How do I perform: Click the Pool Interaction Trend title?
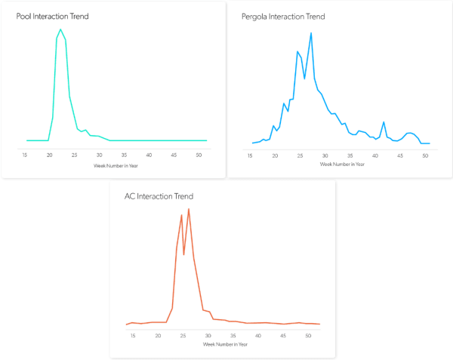(52, 16)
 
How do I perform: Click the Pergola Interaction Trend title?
(285, 16)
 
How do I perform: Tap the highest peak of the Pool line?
(60, 29)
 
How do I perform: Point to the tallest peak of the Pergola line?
(311, 32)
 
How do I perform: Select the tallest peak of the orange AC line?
(189, 209)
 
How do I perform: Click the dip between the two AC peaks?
(184, 254)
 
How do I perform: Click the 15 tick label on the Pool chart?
(25, 155)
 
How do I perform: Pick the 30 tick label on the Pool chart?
(99, 155)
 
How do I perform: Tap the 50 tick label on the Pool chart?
(198, 155)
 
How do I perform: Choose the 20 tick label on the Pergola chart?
(276, 156)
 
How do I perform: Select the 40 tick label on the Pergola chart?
(375, 156)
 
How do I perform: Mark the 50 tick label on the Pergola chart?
(425, 156)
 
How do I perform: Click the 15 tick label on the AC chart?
(133, 335)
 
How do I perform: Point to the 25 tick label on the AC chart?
(183, 335)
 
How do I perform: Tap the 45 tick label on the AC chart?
(283, 335)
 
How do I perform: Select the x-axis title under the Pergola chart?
(337, 164)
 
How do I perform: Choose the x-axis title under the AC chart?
(225, 344)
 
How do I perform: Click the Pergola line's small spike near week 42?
(384, 122)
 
